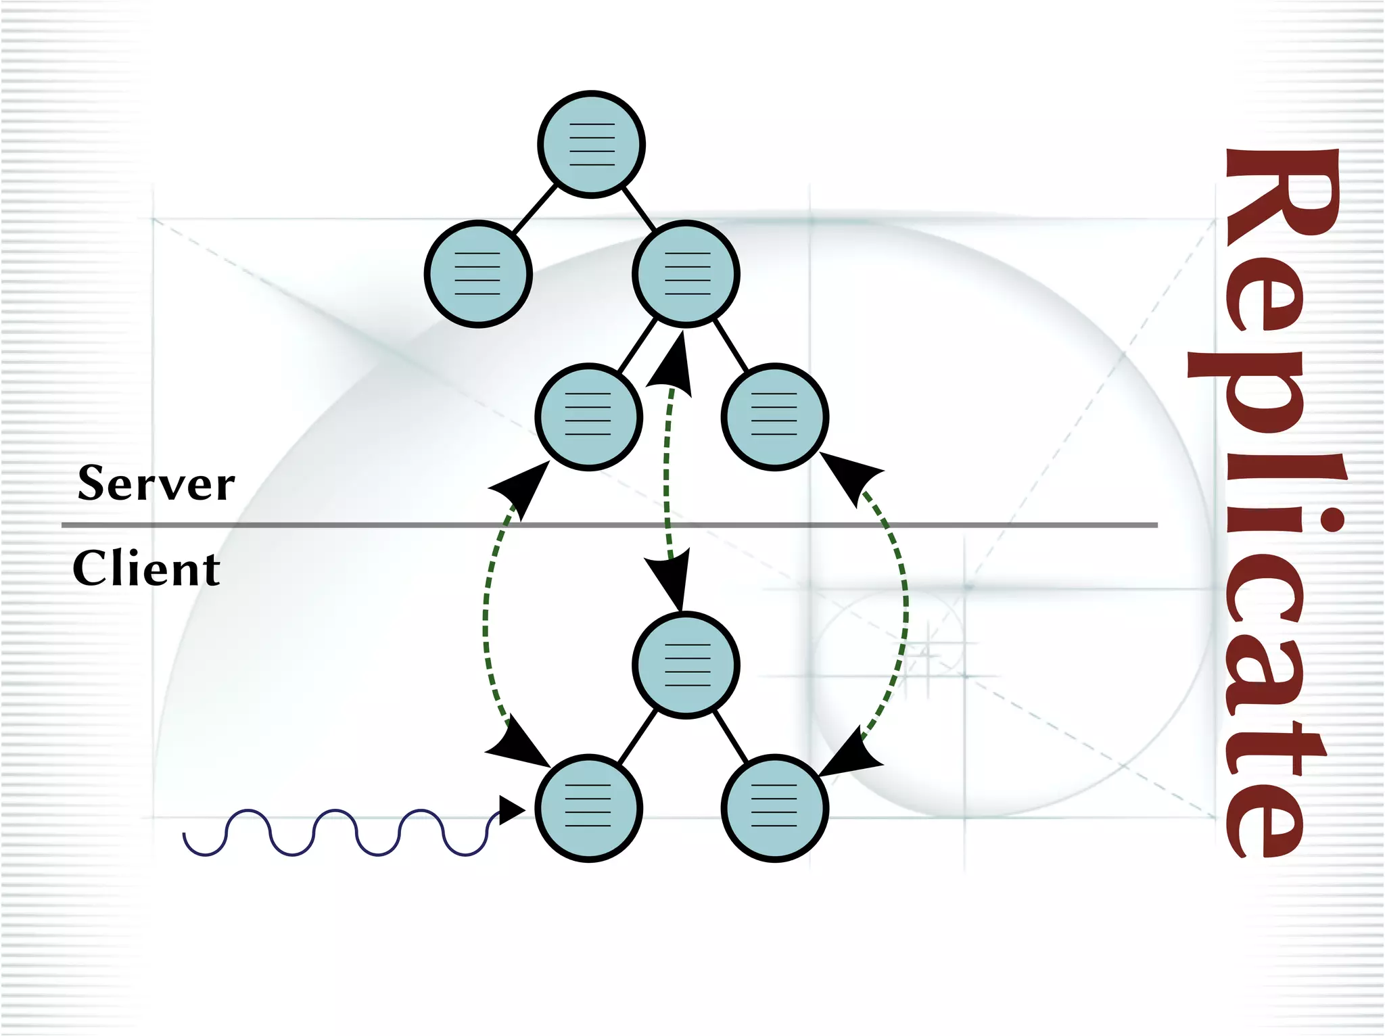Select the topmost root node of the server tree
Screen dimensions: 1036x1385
pyautogui.click(x=592, y=144)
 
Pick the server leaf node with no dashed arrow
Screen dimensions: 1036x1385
pyautogui.click(x=478, y=274)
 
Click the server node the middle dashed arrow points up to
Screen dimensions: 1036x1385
pyautogui.click(x=686, y=274)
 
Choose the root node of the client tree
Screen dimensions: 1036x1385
pyautogui.click(x=686, y=665)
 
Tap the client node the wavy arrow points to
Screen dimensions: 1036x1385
pyautogui.click(x=588, y=808)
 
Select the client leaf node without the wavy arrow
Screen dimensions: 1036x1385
pyautogui.click(x=775, y=808)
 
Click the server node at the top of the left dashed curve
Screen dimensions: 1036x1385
pyautogui.click(x=588, y=417)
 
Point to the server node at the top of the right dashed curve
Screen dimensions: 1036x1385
pyautogui.click(x=775, y=417)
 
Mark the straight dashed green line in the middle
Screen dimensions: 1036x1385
pyautogui.click(x=667, y=473)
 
